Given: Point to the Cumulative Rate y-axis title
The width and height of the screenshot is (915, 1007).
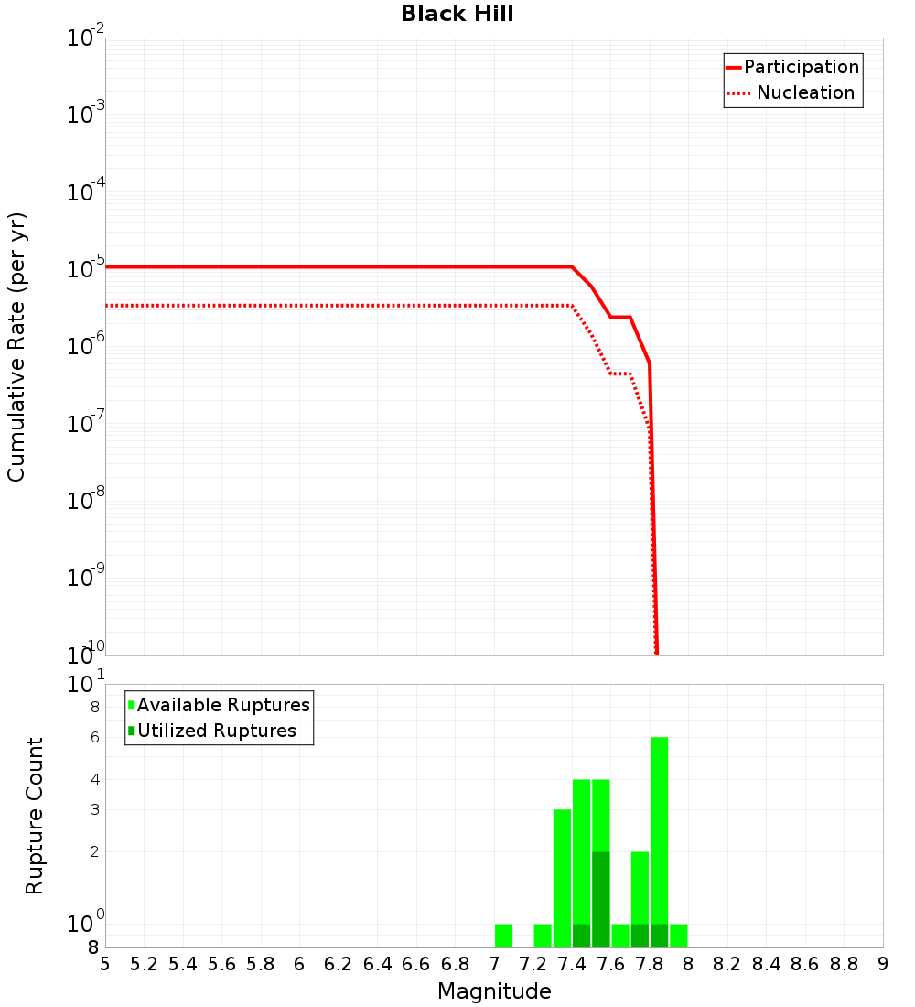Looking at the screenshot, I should tap(16, 346).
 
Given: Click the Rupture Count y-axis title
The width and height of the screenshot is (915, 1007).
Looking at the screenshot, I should tap(35, 815).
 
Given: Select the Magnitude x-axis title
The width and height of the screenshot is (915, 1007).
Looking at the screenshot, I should tap(494, 991).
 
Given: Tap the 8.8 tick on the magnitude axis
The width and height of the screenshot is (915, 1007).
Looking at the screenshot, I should tap(844, 964).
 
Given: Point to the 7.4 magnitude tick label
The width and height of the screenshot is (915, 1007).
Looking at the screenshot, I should tap(572, 964).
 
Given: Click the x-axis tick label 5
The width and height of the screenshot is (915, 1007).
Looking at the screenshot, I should tap(105, 964).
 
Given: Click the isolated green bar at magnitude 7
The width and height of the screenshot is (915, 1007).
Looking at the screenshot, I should tap(503, 936).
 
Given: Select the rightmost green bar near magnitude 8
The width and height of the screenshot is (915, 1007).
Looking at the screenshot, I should tap(678, 936).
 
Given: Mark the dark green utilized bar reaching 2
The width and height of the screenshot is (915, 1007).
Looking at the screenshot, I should tap(600, 899).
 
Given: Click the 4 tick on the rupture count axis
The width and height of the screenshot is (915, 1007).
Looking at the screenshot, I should tap(93, 779).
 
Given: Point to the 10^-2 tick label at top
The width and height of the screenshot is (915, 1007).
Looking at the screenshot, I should tap(86, 38).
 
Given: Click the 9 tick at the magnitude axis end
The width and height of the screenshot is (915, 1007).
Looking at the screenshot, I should tap(882, 964).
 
